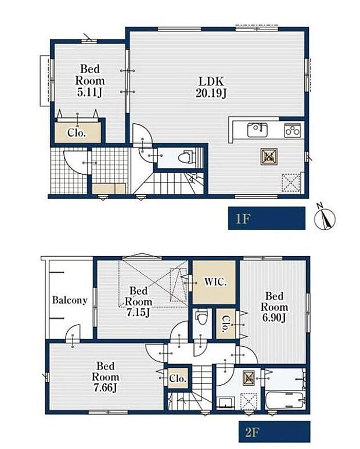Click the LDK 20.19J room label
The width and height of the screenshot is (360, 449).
[x=211, y=87]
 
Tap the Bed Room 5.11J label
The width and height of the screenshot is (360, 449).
[x=89, y=81]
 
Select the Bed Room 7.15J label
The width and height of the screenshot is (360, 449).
[x=139, y=302]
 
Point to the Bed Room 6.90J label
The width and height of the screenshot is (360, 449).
[x=274, y=307]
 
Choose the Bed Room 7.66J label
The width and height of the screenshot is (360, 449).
[x=105, y=377]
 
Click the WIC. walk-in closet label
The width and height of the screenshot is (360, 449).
[x=215, y=282]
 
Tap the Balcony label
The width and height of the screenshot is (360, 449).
[x=70, y=300]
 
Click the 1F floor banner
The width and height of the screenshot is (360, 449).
[x=267, y=218]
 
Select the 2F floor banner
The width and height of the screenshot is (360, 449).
[x=275, y=432]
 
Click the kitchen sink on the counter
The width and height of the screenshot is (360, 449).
[x=258, y=130]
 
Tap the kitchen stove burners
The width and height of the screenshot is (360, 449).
[x=293, y=130]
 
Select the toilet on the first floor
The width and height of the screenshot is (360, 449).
[x=187, y=158]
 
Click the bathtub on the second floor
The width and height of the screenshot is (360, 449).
[x=286, y=400]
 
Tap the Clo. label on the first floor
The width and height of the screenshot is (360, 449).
[x=77, y=132]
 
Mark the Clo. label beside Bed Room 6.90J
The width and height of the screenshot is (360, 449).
[x=226, y=324]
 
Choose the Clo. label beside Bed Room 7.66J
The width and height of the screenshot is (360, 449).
[x=178, y=378]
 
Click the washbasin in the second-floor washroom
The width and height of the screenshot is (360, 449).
[x=226, y=403]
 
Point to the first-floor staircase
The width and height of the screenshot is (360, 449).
[x=169, y=183]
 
